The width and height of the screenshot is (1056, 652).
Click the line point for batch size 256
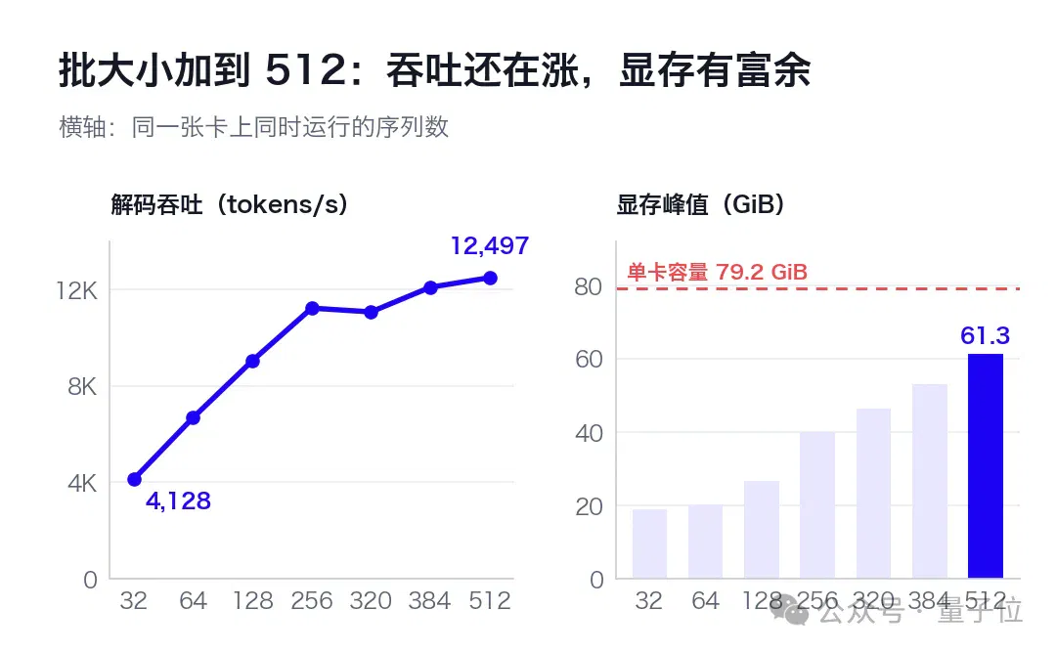coord(312,309)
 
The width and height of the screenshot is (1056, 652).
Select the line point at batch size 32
coord(134,480)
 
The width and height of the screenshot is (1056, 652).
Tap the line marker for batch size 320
coord(372,313)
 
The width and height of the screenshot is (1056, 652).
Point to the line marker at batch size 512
coord(490,279)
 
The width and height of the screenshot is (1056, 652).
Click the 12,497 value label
coord(490,246)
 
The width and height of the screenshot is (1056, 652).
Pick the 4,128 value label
coord(179,501)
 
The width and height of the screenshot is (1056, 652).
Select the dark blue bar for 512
coord(986,466)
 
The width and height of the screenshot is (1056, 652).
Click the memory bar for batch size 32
coord(650,543)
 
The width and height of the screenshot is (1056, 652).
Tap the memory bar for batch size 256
coord(817,505)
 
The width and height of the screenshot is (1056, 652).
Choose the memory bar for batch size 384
coord(930,481)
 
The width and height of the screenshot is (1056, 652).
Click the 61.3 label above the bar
coord(986,335)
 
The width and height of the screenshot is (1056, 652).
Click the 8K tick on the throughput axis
coord(82,387)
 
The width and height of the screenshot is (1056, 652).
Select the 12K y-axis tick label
coord(77,290)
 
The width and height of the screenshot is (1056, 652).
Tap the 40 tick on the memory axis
coord(590,433)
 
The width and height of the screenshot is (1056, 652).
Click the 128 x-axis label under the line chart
coord(252,600)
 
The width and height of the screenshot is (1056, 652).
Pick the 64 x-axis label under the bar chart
coord(705,600)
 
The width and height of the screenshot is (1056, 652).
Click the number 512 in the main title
coord(305,70)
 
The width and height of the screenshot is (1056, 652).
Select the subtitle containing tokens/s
coord(230,204)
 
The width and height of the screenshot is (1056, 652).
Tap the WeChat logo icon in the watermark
coord(789,612)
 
